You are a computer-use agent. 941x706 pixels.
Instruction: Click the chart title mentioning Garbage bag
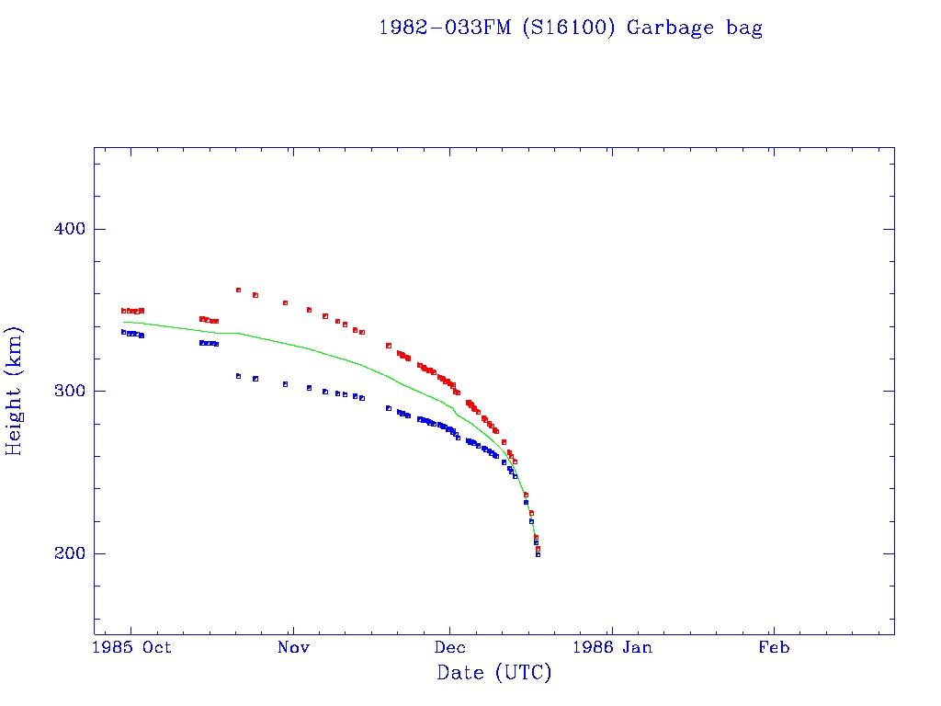coord(570,28)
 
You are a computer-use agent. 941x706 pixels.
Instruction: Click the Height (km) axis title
coord(15,391)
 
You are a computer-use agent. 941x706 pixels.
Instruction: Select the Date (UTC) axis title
coord(494,673)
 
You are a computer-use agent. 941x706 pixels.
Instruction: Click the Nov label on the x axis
coord(293,647)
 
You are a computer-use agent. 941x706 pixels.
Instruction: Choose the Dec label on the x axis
coord(450,647)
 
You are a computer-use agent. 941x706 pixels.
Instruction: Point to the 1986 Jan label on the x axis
coord(612,647)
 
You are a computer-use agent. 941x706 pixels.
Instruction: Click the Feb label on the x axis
coord(774,647)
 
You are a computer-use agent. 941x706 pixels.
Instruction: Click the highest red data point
coord(238,290)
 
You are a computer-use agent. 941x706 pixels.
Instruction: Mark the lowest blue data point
coord(538,554)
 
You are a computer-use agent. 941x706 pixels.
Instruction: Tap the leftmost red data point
coord(123,311)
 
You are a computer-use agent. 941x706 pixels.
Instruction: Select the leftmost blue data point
coord(123,332)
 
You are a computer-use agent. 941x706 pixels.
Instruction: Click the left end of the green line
coord(123,321)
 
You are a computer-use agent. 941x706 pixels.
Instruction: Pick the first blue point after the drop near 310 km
coord(238,376)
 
